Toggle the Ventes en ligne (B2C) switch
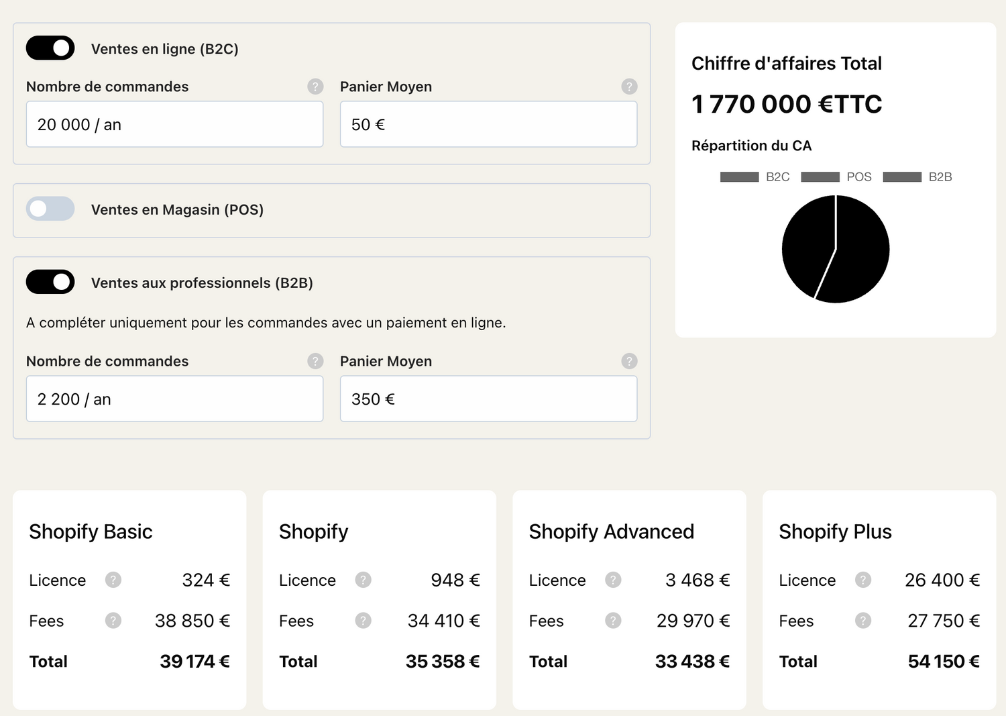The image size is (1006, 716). coord(50,48)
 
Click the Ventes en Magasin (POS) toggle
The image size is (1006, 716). coord(50,209)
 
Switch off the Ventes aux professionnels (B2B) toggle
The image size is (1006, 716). coord(50,282)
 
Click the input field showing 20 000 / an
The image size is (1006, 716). coord(174,124)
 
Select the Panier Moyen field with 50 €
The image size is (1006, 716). coord(488,124)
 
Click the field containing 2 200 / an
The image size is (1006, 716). coord(174,399)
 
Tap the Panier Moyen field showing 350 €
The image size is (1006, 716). coord(488,399)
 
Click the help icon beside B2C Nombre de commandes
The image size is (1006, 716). coord(315,87)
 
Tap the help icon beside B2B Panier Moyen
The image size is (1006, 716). coord(629,361)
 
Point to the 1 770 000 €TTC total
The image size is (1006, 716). coord(787,104)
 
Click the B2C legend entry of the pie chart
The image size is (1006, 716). coord(754,177)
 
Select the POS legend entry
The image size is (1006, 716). coord(836,177)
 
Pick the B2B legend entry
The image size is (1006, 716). coord(917,177)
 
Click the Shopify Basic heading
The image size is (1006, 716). coord(91,531)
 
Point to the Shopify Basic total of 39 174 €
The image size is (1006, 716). coord(194,662)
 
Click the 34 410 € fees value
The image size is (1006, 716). coord(443,621)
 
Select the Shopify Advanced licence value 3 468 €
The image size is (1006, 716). coord(697,580)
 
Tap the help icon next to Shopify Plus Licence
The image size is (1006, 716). coord(863,580)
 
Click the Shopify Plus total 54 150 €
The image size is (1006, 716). coord(943,662)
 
